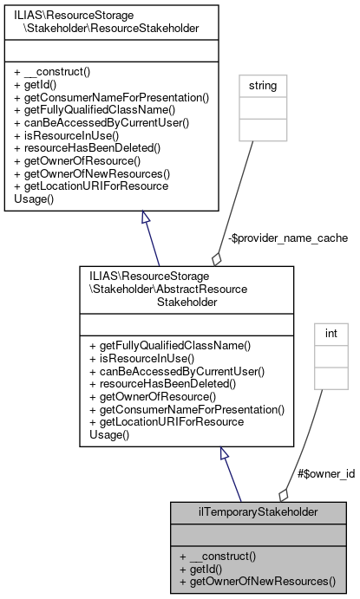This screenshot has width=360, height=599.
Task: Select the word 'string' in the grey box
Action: pos(262,86)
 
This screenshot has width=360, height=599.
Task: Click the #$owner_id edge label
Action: pos(325,473)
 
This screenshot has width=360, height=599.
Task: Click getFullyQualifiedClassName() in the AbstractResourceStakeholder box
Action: pos(169,345)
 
